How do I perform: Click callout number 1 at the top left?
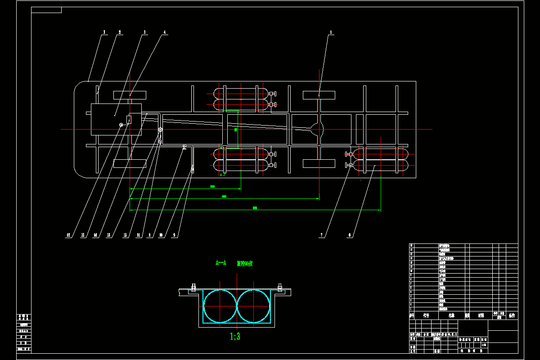click(104, 32)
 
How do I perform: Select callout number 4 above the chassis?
click(165, 32)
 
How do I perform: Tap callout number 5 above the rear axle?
click(331, 32)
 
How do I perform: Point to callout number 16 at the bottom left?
click(68, 235)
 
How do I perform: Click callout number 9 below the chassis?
click(175, 235)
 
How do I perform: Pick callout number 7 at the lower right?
click(321, 235)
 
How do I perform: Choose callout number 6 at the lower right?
click(350, 235)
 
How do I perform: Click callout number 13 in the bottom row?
click(108, 235)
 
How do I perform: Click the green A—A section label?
click(220, 263)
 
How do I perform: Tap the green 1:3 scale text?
click(235, 336)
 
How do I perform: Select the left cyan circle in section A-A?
click(220, 306)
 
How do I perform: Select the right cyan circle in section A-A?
click(254, 306)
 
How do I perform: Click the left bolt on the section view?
click(194, 288)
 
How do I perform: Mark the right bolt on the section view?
click(279, 288)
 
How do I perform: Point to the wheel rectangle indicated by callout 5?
click(319, 95)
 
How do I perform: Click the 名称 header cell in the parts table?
click(451, 315)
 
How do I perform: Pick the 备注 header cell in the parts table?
click(512, 315)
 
